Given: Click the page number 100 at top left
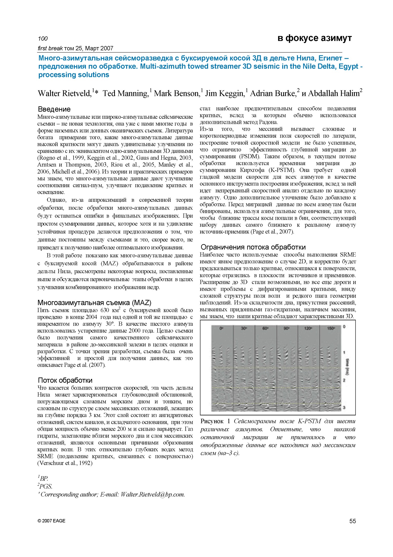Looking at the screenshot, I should pos(43,38).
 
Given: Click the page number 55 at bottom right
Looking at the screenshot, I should pos(353,521).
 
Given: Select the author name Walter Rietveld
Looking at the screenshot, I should pos(64,93).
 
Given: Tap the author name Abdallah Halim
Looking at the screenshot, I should pos(334,93).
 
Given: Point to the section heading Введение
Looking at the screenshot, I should pos(54,109).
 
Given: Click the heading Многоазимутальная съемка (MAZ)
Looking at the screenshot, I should pos(94,303).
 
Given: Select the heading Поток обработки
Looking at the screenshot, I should pos(65,380).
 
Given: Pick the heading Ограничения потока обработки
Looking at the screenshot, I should pos(253,247).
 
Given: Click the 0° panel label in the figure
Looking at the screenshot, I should pos(221,328).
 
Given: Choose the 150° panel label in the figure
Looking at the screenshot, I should pos(331,328).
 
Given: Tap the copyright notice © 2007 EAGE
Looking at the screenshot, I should pos(51,521).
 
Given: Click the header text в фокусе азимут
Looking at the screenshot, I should pos(314,38).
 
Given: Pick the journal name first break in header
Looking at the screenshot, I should pos(50,48).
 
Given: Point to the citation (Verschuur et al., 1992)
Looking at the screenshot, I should pos(65,463).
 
